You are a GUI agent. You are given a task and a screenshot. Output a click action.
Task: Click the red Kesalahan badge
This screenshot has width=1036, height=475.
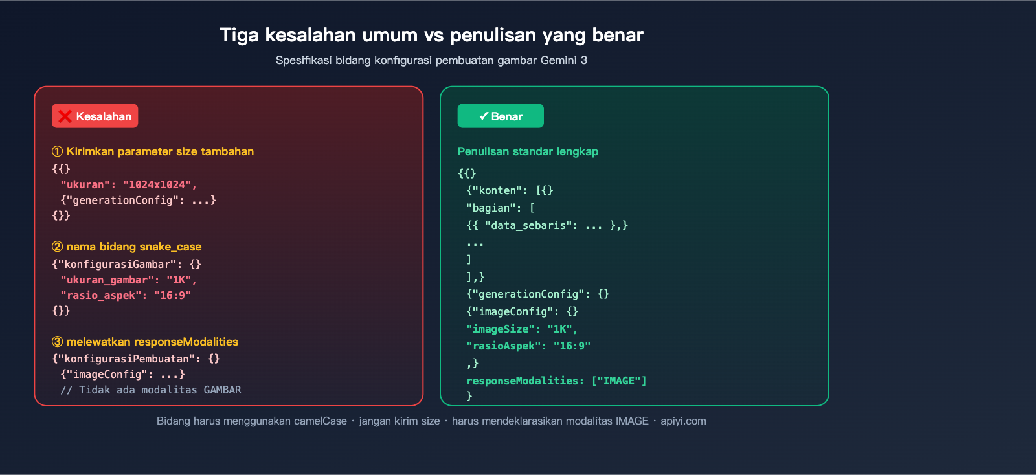click(x=95, y=116)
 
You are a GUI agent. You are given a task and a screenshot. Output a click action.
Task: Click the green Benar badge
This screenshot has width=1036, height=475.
click(x=501, y=116)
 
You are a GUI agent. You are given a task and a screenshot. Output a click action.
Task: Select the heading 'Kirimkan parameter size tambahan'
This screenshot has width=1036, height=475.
click(x=159, y=151)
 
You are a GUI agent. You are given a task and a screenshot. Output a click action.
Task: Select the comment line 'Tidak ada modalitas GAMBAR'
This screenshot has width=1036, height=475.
click(x=151, y=390)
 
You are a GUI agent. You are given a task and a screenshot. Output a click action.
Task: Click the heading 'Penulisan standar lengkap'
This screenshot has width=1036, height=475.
click(x=528, y=151)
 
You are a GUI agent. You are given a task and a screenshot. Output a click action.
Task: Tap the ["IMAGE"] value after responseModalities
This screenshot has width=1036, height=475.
click(x=619, y=381)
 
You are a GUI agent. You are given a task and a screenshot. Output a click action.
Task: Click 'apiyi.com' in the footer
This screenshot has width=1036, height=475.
click(x=683, y=421)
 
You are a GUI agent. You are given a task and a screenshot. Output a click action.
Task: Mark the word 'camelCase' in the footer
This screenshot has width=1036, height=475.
click(x=321, y=421)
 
